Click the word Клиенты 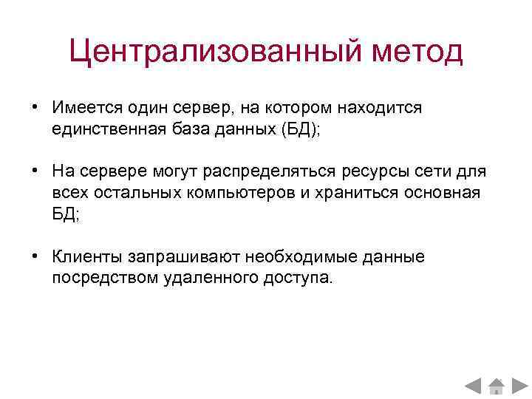coord(86,257)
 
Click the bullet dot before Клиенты coord(35,257)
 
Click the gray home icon coord(496,385)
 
